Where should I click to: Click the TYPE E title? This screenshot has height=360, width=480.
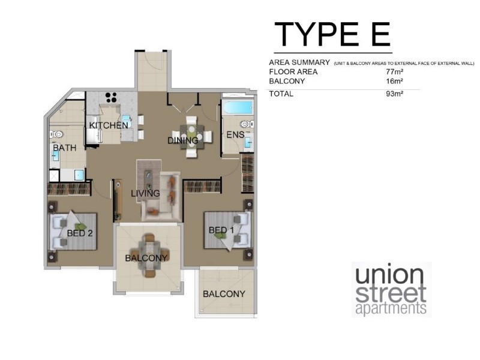pyautogui.click(x=332, y=34)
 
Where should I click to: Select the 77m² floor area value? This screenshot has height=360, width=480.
pyautogui.click(x=394, y=72)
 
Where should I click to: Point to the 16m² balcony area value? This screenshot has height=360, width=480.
pyautogui.click(x=394, y=81)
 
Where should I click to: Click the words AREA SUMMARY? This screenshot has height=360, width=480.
pyautogui.click(x=299, y=62)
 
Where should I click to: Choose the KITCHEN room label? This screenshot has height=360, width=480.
pyautogui.click(x=109, y=125)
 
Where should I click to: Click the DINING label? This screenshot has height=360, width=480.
pyautogui.click(x=183, y=141)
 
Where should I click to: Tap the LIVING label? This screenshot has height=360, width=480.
pyautogui.click(x=146, y=193)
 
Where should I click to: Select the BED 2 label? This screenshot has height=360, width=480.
pyautogui.click(x=79, y=233)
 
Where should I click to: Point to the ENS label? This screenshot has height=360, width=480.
pyautogui.click(x=235, y=135)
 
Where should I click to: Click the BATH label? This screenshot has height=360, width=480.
pyautogui.click(x=64, y=148)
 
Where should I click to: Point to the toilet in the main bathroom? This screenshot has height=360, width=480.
pyautogui.click(x=57, y=134)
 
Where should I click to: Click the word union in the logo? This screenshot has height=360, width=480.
pyautogui.click(x=389, y=276)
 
